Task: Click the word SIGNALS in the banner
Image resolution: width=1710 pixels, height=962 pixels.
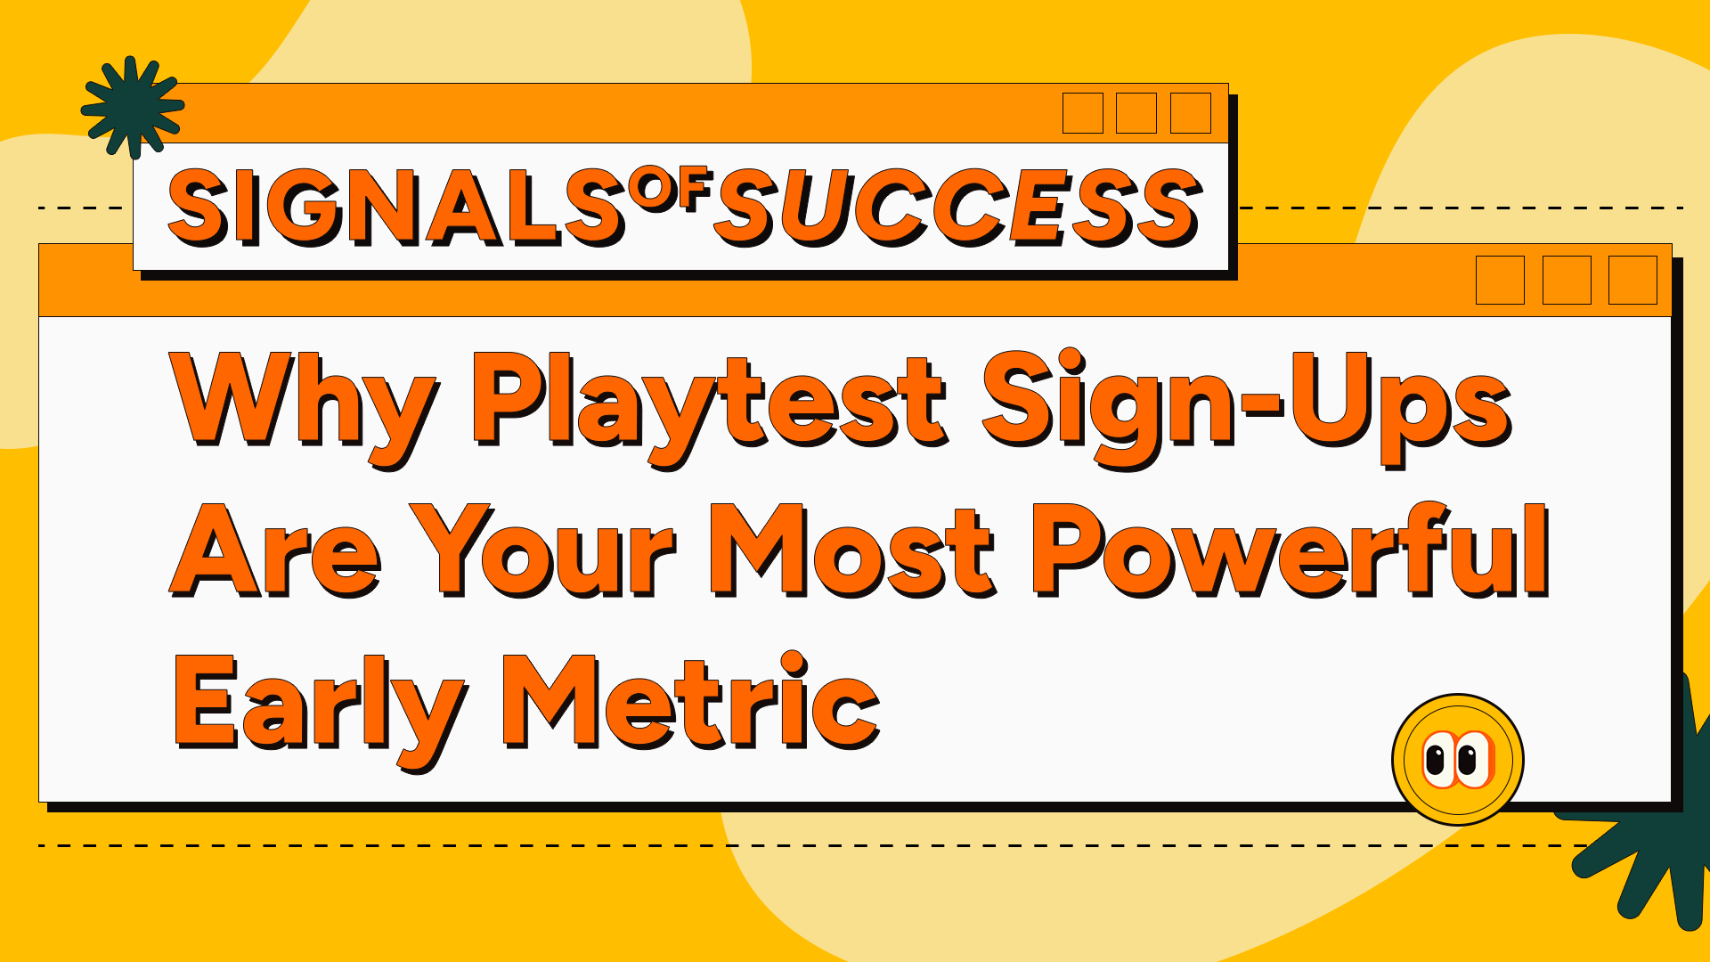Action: [395, 208]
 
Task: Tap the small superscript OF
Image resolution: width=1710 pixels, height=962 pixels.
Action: [670, 189]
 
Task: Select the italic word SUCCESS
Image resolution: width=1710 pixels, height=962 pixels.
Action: [958, 208]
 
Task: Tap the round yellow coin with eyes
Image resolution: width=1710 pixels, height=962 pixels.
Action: [1457, 760]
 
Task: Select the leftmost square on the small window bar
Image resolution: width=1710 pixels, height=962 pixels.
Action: [1082, 113]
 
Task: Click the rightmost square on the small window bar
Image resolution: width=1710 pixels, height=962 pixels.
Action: [1190, 113]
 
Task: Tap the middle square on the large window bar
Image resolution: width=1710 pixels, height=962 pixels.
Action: [1566, 280]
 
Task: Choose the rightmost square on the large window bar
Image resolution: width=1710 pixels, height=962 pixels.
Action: [1632, 280]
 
